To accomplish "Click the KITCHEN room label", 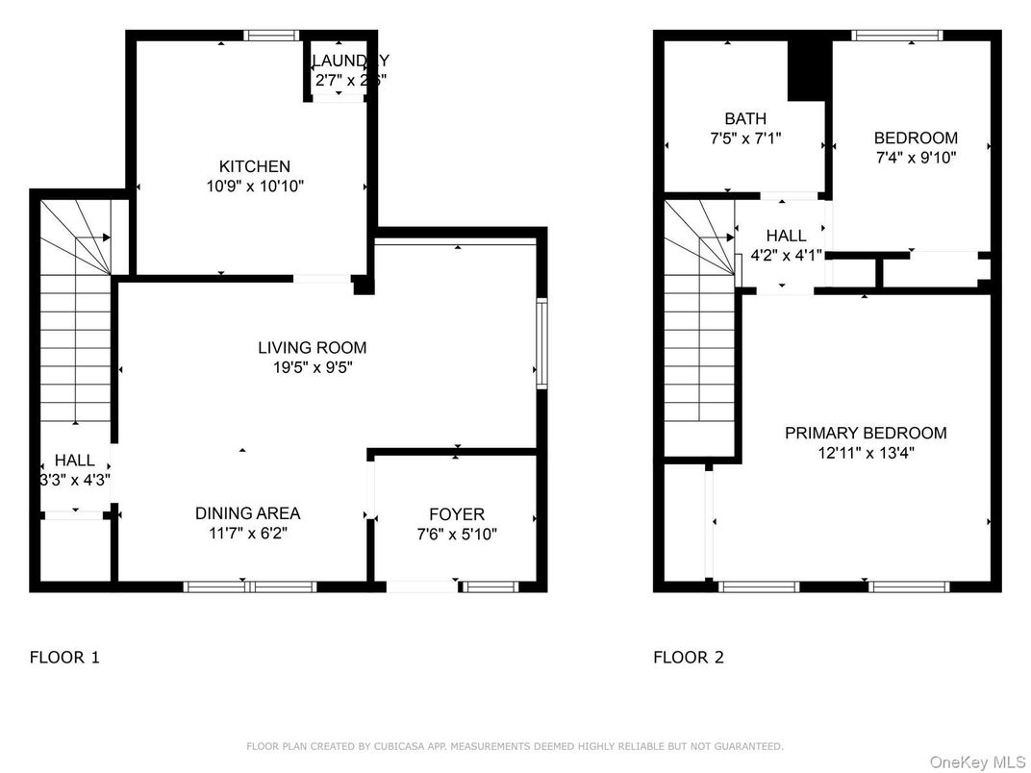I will pyautogui.click(x=254, y=166).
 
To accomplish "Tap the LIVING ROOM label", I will pyautogui.click(x=312, y=348).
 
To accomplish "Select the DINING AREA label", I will pyautogui.click(x=247, y=513).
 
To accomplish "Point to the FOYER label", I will pyautogui.click(x=456, y=514).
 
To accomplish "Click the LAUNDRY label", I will pyautogui.click(x=350, y=62).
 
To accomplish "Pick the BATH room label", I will pyautogui.click(x=745, y=119).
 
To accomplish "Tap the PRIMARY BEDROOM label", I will pyautogui.click(x=865, y=433).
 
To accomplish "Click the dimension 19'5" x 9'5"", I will pyautogui.click(x=312, y=367).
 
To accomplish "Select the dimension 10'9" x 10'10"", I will pyautogui.click(x=255, y=187).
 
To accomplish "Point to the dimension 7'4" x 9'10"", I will pyautogui.click(x=915, y=158).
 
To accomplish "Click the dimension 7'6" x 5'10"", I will pyautogui.click(x=456, y=535).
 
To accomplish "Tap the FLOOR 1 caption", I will pyautogui.click(x=64, y=658).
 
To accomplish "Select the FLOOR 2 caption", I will pyautogui.click(x=688, y=658).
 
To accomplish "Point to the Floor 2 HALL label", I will pyautogui.click(x=786, y=236).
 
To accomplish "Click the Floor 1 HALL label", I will pyautogui.click(x=74, y=461).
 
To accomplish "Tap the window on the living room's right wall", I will pyautogui.click(x=541, y=344).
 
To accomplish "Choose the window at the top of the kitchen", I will pyautogui.click(x=272, y=36).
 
